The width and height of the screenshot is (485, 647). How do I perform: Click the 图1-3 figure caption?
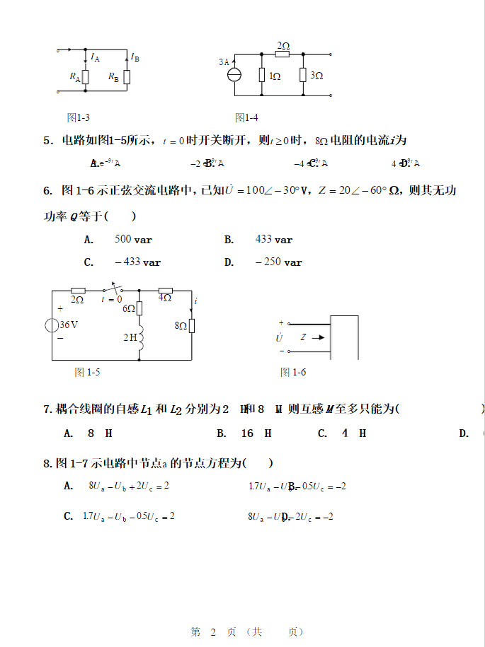(x=78, y=117)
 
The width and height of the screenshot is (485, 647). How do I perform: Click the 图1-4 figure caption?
(x=246, y=117)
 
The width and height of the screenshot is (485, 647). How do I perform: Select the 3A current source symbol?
(x=234, y=75)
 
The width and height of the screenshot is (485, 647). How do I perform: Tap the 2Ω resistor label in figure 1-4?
(x=283, y=45)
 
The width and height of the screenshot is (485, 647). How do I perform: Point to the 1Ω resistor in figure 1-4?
(x=261, y=75)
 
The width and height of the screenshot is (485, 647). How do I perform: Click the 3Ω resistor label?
(x=316, y=75)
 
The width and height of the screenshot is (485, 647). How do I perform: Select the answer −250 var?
(x=278, y=262)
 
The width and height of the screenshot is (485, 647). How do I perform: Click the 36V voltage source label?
(x=68, y=325)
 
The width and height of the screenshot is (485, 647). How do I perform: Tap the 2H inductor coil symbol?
(x=140, y=338)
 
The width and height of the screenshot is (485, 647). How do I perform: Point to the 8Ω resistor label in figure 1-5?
(x=180, y=326)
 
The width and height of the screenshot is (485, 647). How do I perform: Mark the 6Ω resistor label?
(x=128, y=308)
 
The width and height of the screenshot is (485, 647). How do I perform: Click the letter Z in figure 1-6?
(x=303, y=337)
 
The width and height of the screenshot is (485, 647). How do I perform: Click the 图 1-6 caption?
(x=293, y=372)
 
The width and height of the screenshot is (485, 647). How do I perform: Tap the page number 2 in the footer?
(x=212, y=631)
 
